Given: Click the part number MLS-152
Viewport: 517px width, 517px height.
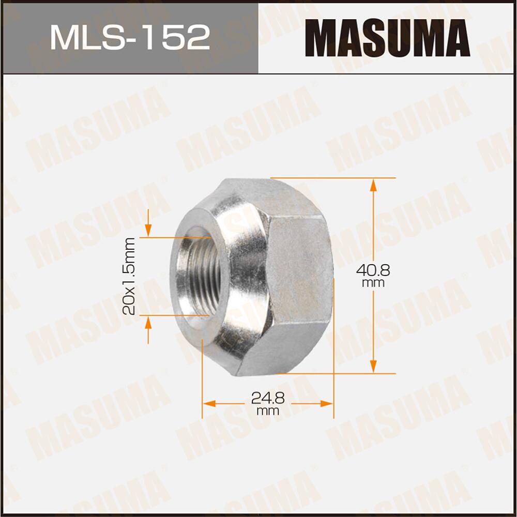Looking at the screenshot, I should pyautogui.click(x=129, y=38).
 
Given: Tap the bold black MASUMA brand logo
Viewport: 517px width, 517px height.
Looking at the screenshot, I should pyautogui.click(x=387, y=38).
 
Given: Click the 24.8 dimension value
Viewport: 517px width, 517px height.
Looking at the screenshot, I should pyautogui.click(x=268, y=398).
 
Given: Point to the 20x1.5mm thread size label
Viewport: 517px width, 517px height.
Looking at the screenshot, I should pyautogui.click(x=129, y=276).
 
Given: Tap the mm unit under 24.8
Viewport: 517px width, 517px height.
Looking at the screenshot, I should pyautogui.click(x=268, y=411).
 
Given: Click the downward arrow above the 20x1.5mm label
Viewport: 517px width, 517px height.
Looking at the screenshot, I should pyautogui.click(x=148, y=227).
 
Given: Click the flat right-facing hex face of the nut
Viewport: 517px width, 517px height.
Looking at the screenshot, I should pyautogui.click(x=300, y=274).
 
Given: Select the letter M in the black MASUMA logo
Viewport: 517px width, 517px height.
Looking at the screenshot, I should pyautogui.click(x=320, y=38).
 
